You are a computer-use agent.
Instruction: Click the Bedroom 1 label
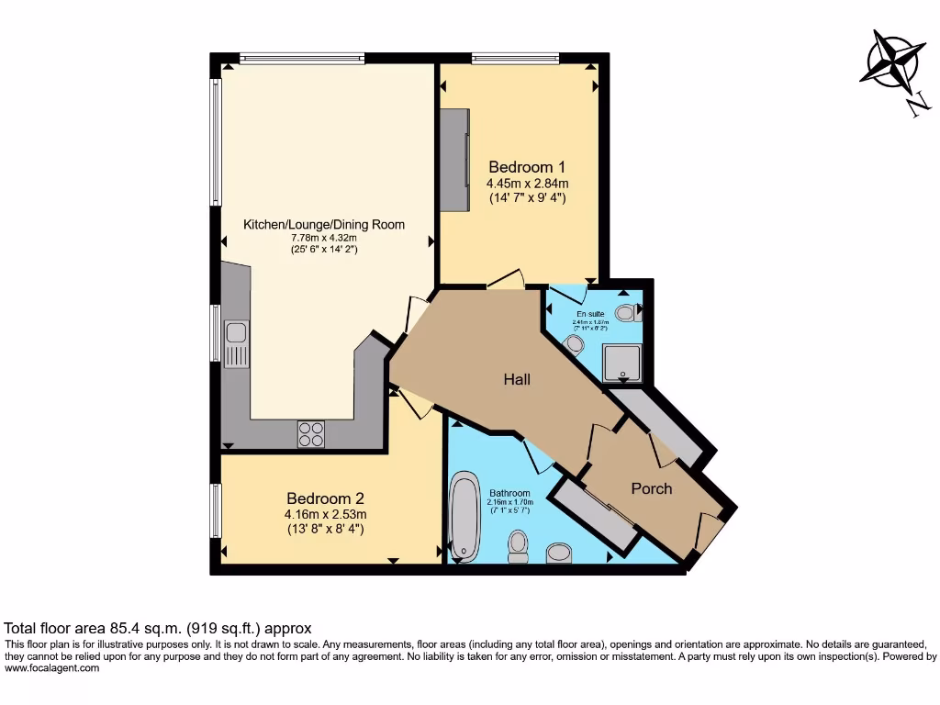pos(526,167)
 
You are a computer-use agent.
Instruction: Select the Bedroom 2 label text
pos(325,498)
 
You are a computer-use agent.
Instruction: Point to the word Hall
pos(516,379)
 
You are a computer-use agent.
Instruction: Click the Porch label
pos(651,488)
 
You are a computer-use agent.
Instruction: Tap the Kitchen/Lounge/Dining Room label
pos(323,225)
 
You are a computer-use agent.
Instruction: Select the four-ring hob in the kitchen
pos(311,433)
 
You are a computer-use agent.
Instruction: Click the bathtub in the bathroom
pos(464,517)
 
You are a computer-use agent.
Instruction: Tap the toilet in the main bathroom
pos(518,545)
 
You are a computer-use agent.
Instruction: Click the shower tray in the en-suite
pos(622,362)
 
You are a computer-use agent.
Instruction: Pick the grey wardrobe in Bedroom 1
pos(453,158)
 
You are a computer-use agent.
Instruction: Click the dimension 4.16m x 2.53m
pos(325,514)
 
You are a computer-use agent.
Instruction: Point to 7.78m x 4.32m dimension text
pos(323,238)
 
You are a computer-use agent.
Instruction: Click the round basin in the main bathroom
pos(558,553)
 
